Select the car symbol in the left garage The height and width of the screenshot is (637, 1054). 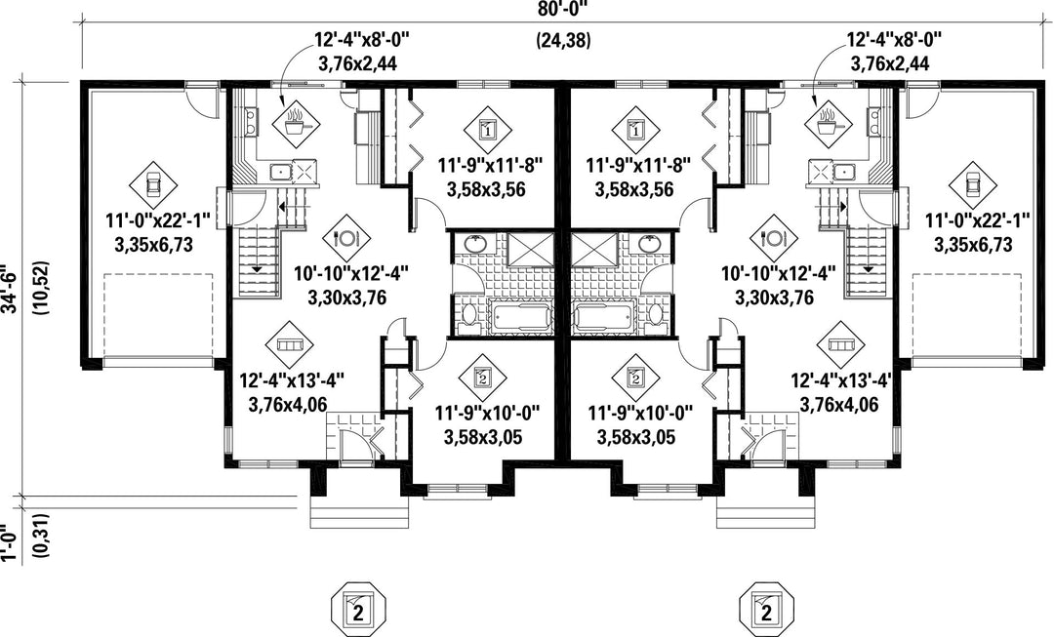pos(153,182)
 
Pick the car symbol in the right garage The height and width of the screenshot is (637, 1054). pos(972,182)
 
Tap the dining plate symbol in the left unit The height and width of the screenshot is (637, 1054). pos(346,238)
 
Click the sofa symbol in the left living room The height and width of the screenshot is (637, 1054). pos(290,344)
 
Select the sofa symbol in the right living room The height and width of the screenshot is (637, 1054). pos(841,344)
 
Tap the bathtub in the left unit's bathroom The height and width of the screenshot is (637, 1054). pos(516,318)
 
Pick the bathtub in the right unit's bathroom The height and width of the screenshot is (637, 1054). pos(602,318)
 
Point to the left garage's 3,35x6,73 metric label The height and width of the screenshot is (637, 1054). pos(154,245)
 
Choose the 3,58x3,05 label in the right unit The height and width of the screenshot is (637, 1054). pos(636,437)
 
